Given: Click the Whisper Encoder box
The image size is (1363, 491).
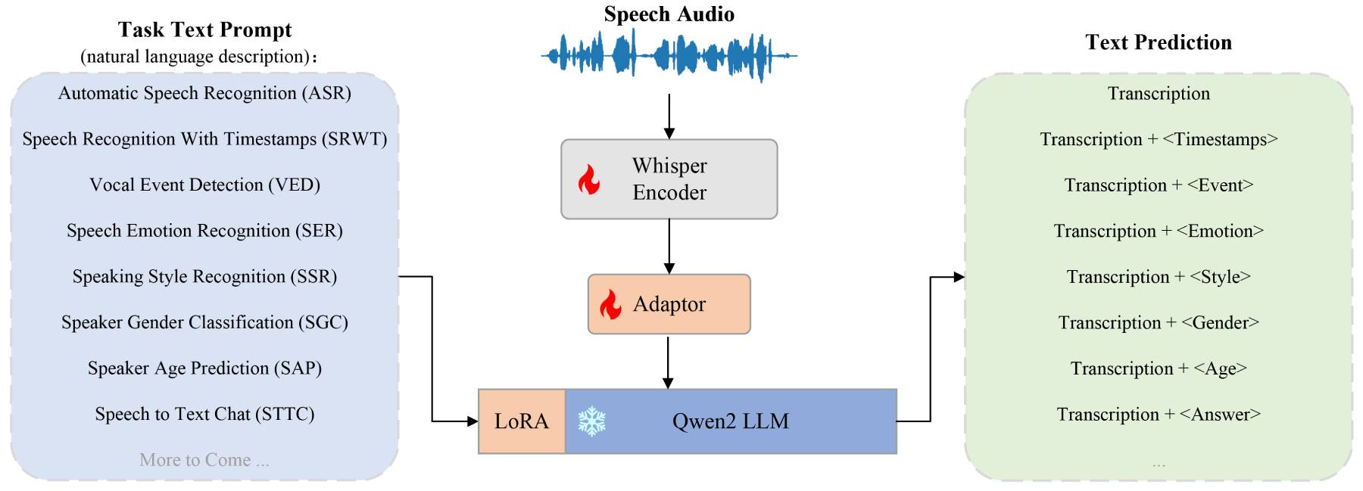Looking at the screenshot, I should pyautogui.click(x=669, y=179).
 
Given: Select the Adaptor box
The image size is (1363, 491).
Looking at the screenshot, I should pyautogui.click(x=669, y=304).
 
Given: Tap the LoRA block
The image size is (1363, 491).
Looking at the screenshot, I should pyautogui.click(x=522, y=421).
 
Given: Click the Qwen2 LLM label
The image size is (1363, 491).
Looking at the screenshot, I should pyautogui.click(x=730, y=421).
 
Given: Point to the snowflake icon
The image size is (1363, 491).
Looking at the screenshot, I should pyautogui.click(x=591, y=421).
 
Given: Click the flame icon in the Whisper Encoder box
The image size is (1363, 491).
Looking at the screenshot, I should pyautogui.click(x=589, y=180).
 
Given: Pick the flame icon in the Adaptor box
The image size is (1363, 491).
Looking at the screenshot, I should pyautogui.click(x=610, y=304).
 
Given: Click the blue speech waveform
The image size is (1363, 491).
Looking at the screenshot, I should pyautogui.click(x=669, y=55).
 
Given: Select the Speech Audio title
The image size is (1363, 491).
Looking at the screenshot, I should pyautogui.click(x=669, y=14).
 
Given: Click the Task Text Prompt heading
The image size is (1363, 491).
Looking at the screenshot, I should pyautogui.click(x=204, y=30).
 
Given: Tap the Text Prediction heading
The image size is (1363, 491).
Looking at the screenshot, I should pyautogui.click(x=1158, y=42).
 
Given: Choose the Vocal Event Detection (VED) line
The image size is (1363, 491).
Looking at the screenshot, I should pyautogui.click(x=204, y=185).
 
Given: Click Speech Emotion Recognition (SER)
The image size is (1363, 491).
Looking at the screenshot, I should pyautogui.click(x=204, y=231).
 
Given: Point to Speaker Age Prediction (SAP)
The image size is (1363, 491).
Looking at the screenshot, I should pyautogui.click(x=204, y=368).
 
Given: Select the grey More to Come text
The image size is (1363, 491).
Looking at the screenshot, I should pyautogui.click(x=204, y=460).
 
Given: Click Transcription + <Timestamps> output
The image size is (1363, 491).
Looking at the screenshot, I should pyautogui.click(x=1158, y=139).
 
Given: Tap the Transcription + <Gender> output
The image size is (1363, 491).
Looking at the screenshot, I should pyautogui.click(x=1158, y=323).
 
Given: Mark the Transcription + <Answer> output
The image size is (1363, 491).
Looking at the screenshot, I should pyautogui.click(x=1158, y=415).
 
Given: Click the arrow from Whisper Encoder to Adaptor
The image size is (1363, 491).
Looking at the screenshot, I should pyautogui.click(x=669, y=247).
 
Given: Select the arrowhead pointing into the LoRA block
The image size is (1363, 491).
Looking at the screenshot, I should pyautogui.click(x=472, y=421).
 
